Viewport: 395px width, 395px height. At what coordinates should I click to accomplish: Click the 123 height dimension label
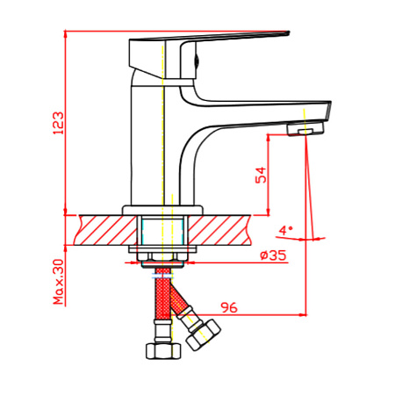click(58, 123)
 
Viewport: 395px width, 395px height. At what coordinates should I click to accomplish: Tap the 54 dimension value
click(261, 175)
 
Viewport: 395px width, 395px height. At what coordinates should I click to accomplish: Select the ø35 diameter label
click(273, 255)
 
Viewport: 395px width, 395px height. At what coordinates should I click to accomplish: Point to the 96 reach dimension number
click(229, 307)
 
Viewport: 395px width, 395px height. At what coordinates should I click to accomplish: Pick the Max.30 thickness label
click(58, 282)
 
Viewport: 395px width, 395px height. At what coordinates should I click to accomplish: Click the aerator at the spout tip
click(306, 129)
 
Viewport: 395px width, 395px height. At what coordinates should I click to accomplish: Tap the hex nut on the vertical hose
click(163, 351)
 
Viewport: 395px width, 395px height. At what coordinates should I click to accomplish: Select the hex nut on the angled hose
click(204, 335)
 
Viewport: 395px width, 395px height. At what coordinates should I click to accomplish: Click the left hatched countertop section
click(106, 230)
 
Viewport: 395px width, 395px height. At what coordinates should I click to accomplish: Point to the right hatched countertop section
click(219, 230)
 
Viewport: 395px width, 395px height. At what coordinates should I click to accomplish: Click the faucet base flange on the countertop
click(162, 210)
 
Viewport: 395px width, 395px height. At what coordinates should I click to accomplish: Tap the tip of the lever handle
click(288, 32)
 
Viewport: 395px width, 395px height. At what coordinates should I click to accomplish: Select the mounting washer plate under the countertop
click(162, 249)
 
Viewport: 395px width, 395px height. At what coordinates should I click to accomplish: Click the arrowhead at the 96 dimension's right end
click(304, 315)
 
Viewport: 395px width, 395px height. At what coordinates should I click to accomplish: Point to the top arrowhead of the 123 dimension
click(66, 33)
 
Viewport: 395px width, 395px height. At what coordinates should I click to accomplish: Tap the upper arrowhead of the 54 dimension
click(268, 138)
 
